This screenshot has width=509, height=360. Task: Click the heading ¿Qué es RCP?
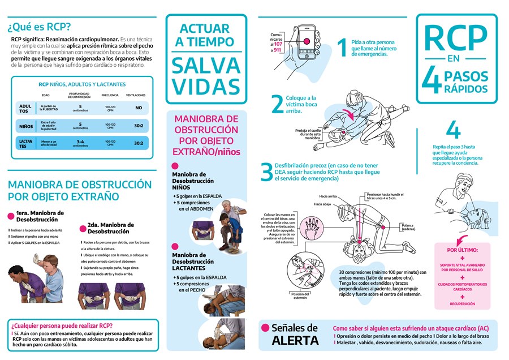pos(39,27)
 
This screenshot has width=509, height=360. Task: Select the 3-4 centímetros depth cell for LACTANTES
pos(80,143)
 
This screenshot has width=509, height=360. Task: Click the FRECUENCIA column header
pos(110,95)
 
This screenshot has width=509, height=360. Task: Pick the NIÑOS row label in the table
pos(25,126)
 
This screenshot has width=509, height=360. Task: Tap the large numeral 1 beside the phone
pos(341,48)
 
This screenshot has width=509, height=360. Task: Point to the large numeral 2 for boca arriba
pos(277,104)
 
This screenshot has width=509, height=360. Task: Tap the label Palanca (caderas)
pos(408,226)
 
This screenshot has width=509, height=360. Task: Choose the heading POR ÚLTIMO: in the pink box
pos(463,249)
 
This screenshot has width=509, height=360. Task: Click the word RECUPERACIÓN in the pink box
pos(463,304)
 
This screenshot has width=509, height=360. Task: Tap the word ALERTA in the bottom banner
pos(296,340)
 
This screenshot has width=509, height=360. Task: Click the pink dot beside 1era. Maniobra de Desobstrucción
pos(11,215)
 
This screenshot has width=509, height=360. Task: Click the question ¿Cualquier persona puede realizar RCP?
pos(62,325)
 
